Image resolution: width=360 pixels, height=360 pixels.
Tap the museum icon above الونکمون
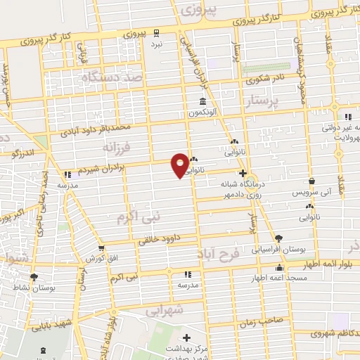[202, 101]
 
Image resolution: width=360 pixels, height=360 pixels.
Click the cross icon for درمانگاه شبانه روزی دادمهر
[243, 173]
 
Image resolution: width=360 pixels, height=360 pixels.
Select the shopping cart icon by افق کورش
[102, 249]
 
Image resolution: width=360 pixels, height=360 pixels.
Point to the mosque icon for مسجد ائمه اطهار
[279, 268]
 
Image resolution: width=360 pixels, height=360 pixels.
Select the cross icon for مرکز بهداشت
[186, 338]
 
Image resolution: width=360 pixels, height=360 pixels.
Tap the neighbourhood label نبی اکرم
[138, 218]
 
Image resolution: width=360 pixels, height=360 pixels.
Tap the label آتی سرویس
[310, 192]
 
